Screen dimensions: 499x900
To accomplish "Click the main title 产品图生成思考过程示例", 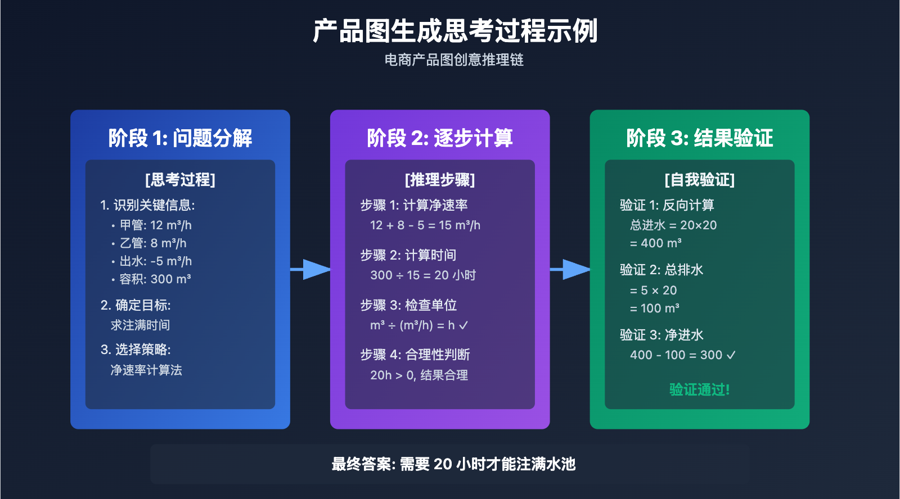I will click(x=454, y=31).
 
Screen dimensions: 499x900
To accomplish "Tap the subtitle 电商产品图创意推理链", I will click(x=454, y=60).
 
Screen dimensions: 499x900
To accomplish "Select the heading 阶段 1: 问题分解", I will click(x=180, y=138).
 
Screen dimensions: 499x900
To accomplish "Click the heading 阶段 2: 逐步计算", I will click(x=439, y=138).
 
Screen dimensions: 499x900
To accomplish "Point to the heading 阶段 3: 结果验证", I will click(x=699, y=138).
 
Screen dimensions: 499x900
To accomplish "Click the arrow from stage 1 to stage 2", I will click(x=310, y=270).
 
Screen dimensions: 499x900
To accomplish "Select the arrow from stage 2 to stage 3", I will click(x=570, y=270).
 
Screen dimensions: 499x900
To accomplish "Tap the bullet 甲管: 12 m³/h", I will click(x=155, y=225).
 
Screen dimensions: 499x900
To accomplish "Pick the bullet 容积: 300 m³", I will click(x=155, y=279).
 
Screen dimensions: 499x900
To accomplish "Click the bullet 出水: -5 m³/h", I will click(x=155, y=261).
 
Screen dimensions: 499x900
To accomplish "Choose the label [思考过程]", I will click(x=180, y=180).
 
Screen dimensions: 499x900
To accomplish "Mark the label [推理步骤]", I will click(x=439, y=180).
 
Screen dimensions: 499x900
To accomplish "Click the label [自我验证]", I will click(x=699, y=180).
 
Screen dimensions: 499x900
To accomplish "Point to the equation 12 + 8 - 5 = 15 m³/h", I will click(x=425, y=225).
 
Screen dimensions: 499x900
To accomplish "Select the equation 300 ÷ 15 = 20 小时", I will click(x=422, y=275).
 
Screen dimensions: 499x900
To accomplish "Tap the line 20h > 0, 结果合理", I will click(x=418, y=375).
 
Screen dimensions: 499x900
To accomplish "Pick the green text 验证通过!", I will click(x=699, y=389).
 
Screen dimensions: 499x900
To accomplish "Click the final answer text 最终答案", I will click(x=453, y=464).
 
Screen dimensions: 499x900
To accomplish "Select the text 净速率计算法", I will click(x=146, y=370).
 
